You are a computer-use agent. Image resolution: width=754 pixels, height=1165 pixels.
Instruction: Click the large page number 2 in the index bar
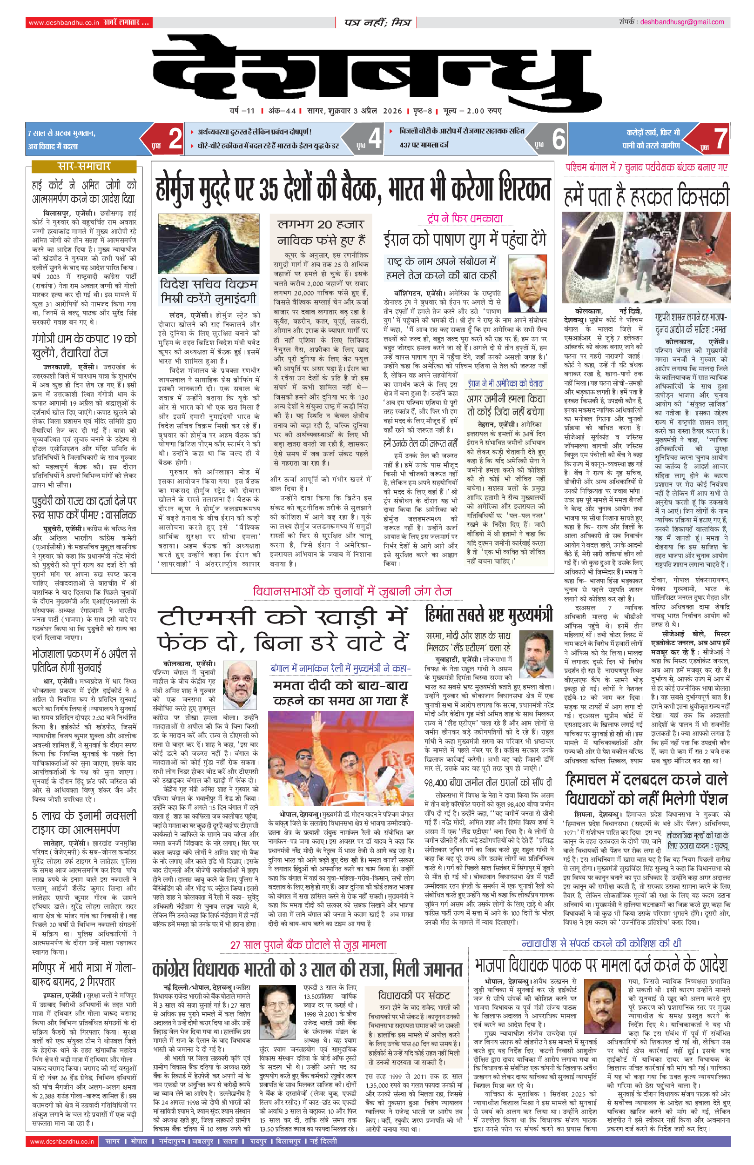point(175,139)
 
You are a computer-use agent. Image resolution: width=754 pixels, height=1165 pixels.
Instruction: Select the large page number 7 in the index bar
point(719,139)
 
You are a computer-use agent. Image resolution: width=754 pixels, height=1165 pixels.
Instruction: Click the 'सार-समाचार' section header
point(84,167)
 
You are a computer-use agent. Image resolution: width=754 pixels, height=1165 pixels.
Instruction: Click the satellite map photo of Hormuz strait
point(209,243)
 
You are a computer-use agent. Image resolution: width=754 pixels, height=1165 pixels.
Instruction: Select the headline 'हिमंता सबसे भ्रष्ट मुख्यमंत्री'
point(489,615)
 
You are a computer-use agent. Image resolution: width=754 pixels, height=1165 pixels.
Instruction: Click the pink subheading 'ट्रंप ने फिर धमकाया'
point(465,219)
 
